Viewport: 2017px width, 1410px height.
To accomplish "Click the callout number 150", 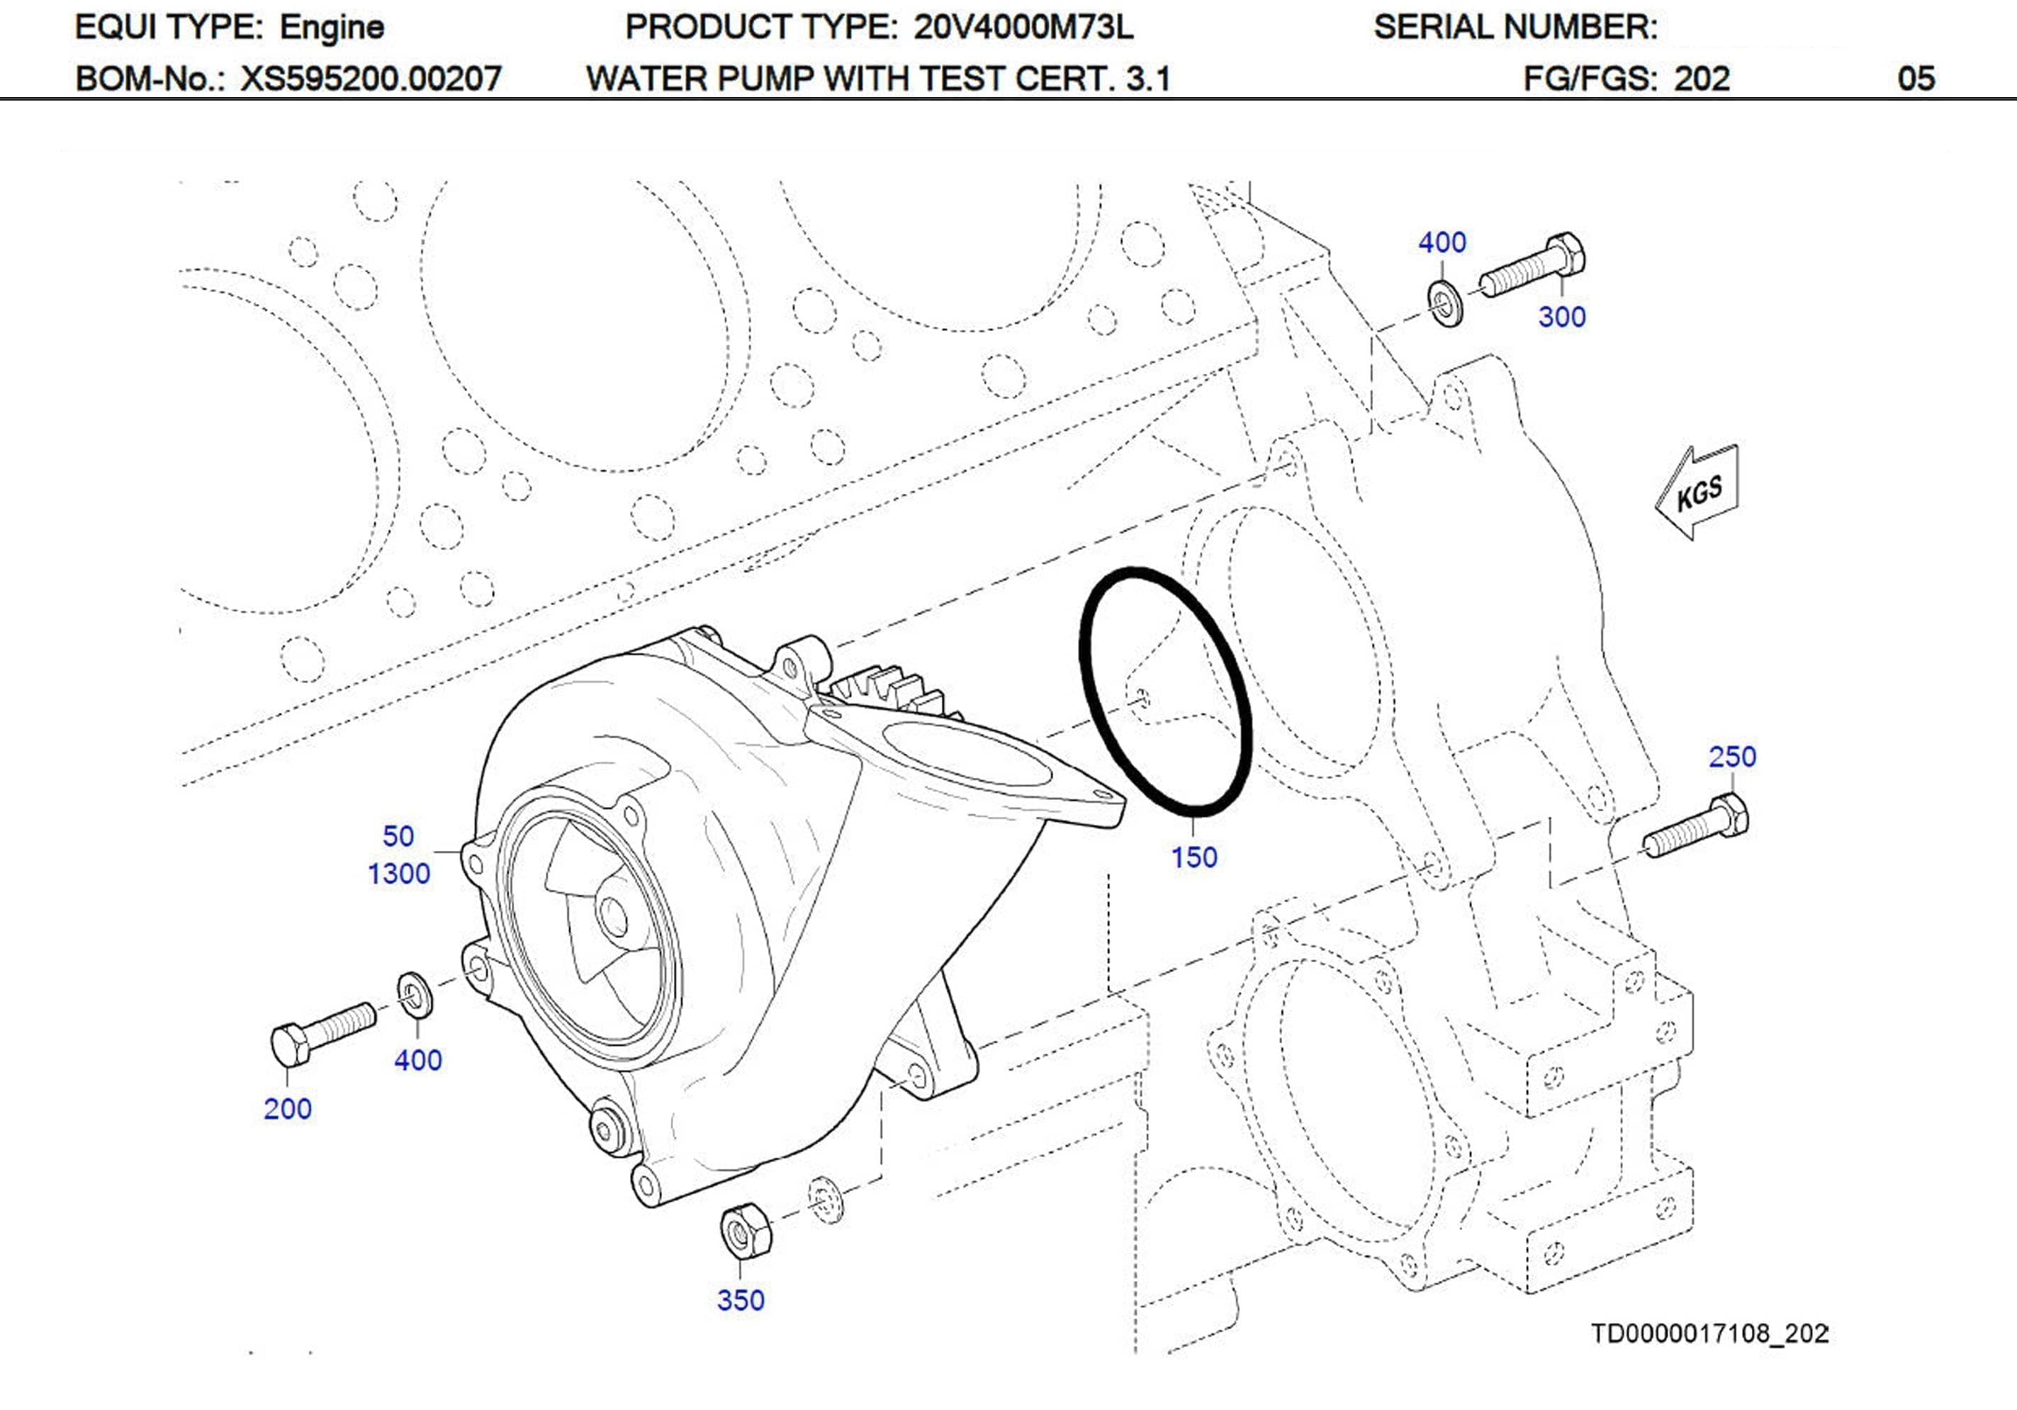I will [x=1194, y=857].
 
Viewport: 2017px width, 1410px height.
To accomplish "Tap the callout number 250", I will [x=1731, y=757].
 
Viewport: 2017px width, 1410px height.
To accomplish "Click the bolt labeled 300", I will [x=1533, y=264].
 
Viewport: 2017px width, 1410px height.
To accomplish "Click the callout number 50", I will [x=398, y=835].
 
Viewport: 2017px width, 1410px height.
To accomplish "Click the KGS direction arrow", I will [x=1697, y=494].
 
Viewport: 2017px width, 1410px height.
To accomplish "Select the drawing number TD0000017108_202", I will [x=1709, y=1333].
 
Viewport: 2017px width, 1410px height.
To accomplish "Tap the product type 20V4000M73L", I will [x=1023, y=27].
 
